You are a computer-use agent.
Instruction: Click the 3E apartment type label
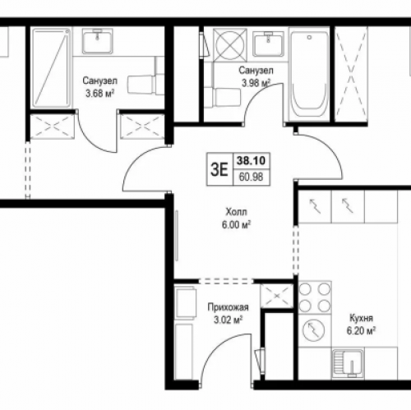pos(219,170)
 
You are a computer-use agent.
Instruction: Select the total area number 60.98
pos(251,177)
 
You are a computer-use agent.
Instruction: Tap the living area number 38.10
pos(251,160)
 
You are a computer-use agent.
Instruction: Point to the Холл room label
pos(236,212)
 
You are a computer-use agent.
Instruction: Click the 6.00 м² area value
pos(236,225)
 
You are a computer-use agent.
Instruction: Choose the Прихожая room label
pos(228,307)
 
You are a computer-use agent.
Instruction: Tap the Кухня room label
pos(361,318)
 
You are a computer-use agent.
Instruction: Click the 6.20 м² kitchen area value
pos(361,331)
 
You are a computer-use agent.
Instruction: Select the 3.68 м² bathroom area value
pos(99,94)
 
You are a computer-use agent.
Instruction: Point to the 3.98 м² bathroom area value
pos(256,83)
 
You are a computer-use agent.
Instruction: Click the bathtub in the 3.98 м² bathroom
pos(309,76)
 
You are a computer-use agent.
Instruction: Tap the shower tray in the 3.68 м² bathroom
pos(51,68)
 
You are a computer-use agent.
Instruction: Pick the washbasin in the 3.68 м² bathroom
pos(97,41)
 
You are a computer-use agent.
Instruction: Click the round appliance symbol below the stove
pos(313,330)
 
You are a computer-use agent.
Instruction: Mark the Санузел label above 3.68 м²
pos(99,81)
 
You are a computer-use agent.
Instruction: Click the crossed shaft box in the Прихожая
pos(277,296)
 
